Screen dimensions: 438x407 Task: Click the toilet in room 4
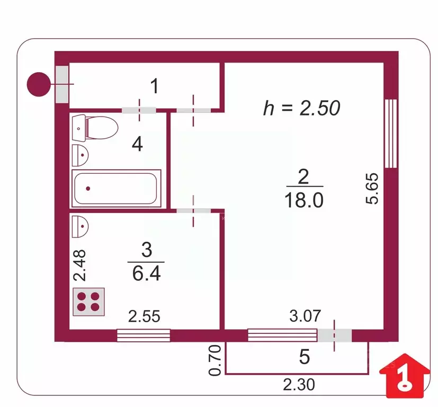coord(95,128)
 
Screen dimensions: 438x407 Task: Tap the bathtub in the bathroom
coord(116,189)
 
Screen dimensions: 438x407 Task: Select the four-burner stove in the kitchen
coord(88,302)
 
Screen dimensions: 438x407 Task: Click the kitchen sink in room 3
coord(80,226)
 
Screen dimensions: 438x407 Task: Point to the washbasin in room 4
coord(80,155)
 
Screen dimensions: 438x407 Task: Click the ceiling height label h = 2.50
coord(302,108)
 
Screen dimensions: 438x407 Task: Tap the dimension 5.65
coord(372,189)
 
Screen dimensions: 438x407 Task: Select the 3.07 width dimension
coord(305,316)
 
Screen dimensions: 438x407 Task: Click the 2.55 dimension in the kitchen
coord(144,316)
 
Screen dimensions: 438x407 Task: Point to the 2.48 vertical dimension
coord(79,265)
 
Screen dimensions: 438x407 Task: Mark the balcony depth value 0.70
coord(215,360)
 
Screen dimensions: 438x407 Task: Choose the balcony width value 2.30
coord(299,384)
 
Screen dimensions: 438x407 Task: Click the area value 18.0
coord(304,200)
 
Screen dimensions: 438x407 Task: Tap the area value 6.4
coord(146,273)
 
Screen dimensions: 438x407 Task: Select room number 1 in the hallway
coord(155,86)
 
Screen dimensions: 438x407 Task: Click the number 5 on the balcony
coord(305,357)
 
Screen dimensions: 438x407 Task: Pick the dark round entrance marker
coord(39,84)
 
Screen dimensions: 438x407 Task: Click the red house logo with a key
coord(405,376)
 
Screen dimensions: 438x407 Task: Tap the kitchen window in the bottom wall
coord(144,335)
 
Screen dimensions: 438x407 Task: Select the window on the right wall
coord(391,134)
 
